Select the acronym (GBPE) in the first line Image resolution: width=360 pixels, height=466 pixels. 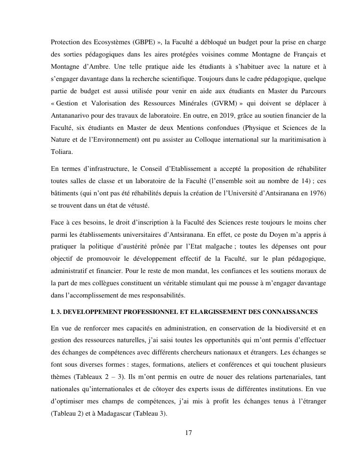(x=141, y=42)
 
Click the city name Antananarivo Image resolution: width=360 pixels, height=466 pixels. (x=72, y=115)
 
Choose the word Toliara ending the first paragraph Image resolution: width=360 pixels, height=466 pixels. (x=62, y=152)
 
